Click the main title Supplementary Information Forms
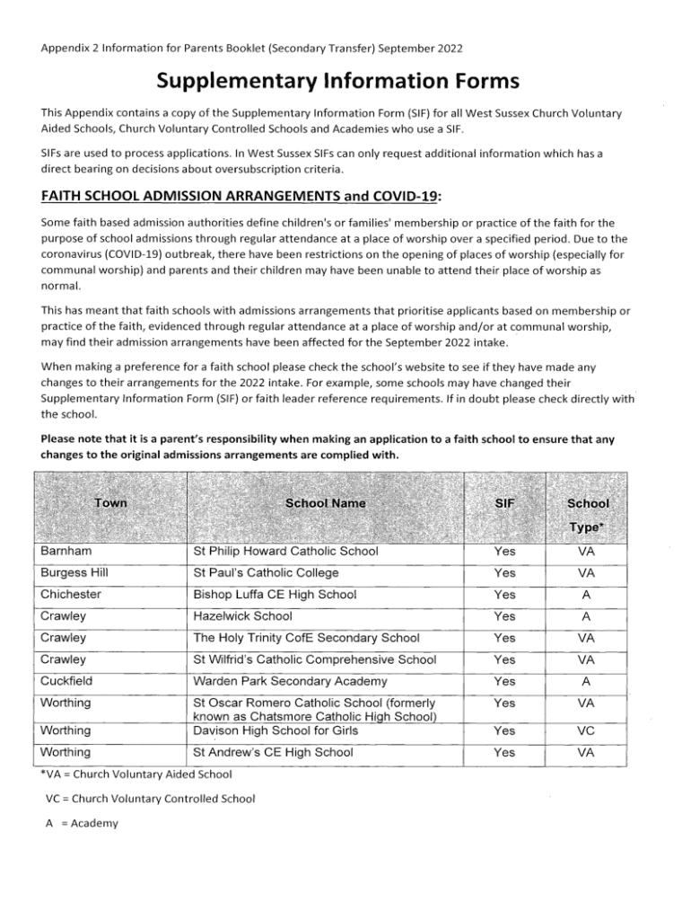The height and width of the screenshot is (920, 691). (338, 82)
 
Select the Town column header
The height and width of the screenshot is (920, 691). (110, 503)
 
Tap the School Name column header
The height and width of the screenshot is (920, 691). (325, 503)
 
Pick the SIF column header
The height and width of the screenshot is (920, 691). (504, 503)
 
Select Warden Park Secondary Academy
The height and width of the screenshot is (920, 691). (290, 682)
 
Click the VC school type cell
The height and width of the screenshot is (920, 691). (586, 732)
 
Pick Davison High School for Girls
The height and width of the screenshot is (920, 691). (273, 731)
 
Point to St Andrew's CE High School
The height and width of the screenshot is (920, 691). (273, 753)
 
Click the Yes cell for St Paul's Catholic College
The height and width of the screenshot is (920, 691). (504, 572)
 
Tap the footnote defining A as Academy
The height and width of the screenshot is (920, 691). (82, 822)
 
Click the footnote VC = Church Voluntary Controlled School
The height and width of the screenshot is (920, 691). (150, 798)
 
